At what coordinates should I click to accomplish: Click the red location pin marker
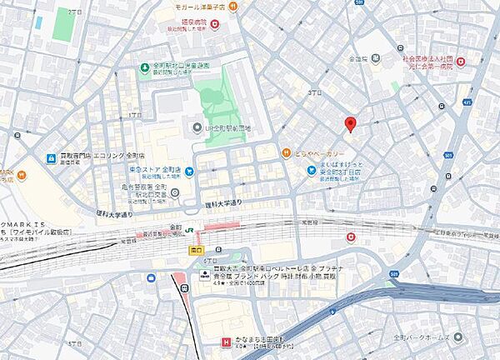350,125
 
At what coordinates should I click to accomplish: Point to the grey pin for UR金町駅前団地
197,128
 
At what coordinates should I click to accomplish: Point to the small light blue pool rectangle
38,22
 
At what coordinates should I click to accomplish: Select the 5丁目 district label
75,342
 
